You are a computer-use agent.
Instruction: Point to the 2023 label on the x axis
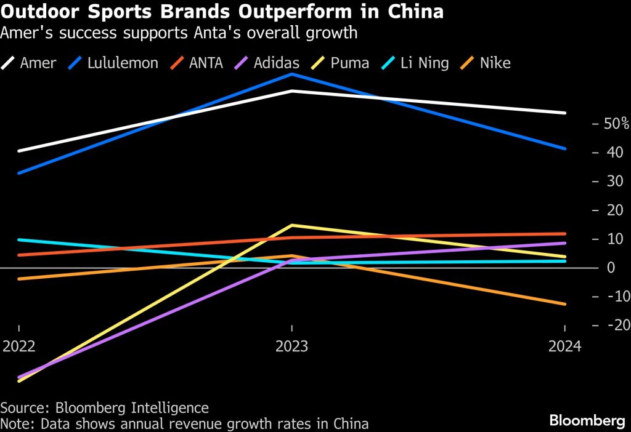point(291,346)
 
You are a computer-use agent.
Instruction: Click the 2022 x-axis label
point(19,346)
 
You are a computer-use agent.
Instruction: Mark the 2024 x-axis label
point(565,346)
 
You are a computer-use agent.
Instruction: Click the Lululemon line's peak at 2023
point(291,74)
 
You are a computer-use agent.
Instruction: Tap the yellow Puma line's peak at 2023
point(291,225)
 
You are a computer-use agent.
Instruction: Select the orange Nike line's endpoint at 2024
point(564,303)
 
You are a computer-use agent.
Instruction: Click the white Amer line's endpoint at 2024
point(564,113)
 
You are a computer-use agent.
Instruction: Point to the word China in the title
point(420,12)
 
